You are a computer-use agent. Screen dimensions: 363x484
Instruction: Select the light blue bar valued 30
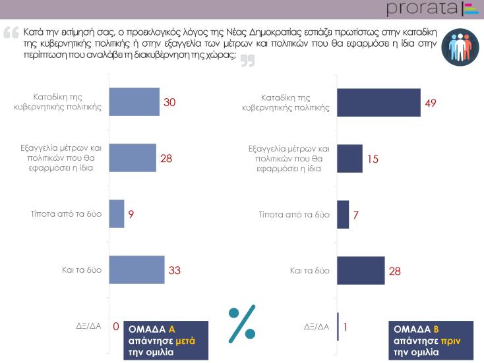[133, 101]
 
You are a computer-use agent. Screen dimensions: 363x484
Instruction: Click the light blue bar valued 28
[132, 157]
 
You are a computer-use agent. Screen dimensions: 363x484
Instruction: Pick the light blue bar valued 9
[116, 213]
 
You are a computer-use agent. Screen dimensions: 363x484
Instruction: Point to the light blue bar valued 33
[136, 269]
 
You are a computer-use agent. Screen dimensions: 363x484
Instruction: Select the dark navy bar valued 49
[378, 101]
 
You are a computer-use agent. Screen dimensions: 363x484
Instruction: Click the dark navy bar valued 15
[349, 158]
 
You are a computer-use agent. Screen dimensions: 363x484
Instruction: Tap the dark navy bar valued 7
[343, 214]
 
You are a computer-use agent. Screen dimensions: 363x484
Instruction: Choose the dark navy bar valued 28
[361, 270]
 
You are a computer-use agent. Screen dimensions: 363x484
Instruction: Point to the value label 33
[175, 270]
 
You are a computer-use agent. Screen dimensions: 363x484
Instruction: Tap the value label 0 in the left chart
[115, 326]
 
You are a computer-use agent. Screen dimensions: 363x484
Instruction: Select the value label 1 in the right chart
[346, 326]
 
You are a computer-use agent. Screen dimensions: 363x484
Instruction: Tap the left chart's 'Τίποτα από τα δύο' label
[74, 214]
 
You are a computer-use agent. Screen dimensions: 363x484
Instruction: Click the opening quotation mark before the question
[11, 32]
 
